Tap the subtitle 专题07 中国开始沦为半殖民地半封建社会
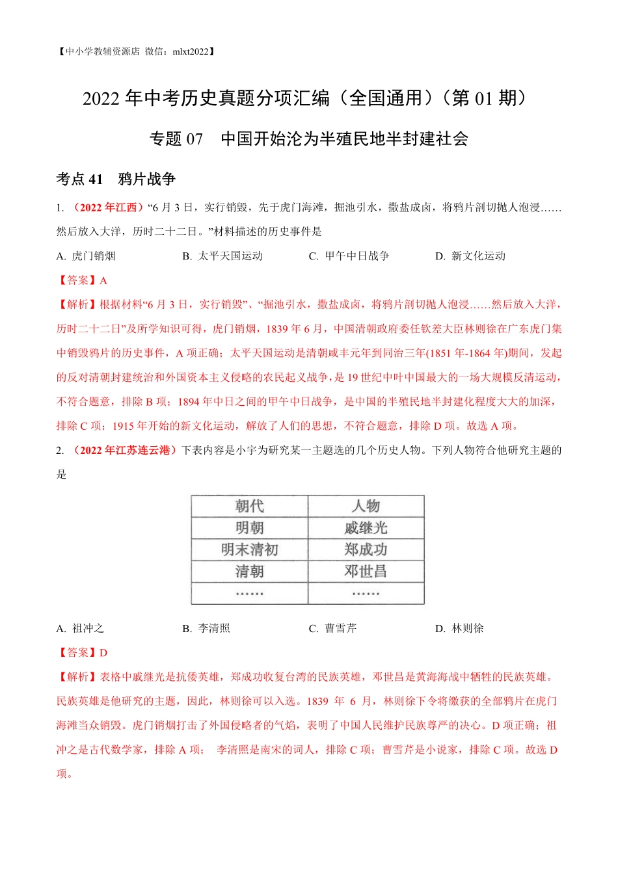[x=309, y=139]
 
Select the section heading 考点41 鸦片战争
[x=116, y=179]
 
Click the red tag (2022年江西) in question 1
[x=107, y=207]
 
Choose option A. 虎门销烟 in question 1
[x=86, y=256]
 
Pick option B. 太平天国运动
[x=222, y=256]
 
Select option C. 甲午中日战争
[x=349, y=256]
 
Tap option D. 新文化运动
[x=470, y=256]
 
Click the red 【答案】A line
[x=82, y=280]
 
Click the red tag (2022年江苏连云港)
[x=123, y=450]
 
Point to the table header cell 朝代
[x=249, y=506]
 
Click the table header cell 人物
[x=366, y=506]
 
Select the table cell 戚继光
[x=366, y=528]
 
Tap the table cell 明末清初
[x=249, y=550]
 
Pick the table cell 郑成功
[x=366, y=550]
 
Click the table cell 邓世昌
[x=366, y=572]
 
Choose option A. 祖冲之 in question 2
[x=80, y=628]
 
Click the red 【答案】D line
[x=82, y=652]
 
